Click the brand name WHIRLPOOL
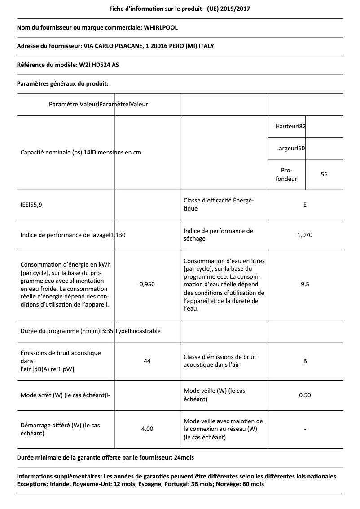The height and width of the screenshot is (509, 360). [x=160, y=27]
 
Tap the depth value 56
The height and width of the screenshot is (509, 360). [x=324, y=174]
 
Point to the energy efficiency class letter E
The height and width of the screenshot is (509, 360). [x=305, y=205]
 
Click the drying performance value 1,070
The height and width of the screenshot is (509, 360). [x=305, y=235]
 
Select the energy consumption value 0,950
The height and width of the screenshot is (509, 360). [x=147, y=285]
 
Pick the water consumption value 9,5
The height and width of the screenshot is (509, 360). [x=305, y=285]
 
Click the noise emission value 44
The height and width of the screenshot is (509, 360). [x=147, y=361]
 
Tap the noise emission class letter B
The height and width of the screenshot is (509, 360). [x=305, y=361]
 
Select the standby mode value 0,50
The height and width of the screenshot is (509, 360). [x=305, y=395]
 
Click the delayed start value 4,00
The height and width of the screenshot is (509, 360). [x=147, y=429]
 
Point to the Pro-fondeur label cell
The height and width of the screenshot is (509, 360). [x=286, y=175]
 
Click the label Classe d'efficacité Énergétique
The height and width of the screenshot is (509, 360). [x=219, y=205]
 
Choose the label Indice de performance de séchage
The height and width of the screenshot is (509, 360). [x=218, y=235]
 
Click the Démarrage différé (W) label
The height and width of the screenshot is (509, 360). [x=60, y=429]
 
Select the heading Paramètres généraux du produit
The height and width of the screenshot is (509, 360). [x=62, y=83]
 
